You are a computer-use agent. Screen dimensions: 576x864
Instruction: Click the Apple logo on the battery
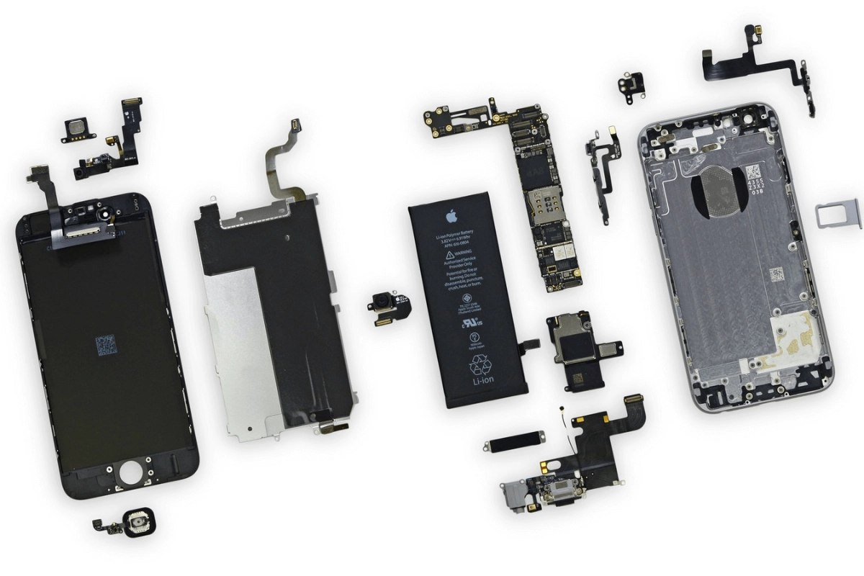click(x=451, y=216)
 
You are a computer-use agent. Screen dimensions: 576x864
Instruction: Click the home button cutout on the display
click(x=131, y=473)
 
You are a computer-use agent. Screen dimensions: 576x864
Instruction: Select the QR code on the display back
click(x=107, y=346)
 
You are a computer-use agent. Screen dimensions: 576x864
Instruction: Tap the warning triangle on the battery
click(x=449, y=255)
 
